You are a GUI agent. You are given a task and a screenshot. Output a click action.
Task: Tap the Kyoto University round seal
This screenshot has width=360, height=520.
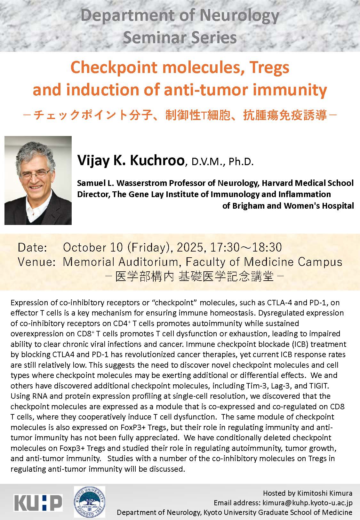coord(89,502)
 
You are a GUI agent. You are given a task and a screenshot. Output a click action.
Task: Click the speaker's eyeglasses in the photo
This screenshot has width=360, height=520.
coord(35,174)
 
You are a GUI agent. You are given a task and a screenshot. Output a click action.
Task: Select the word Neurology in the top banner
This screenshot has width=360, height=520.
coord(239,16)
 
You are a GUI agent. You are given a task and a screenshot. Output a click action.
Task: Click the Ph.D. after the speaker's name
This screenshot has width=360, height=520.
coord(241,162)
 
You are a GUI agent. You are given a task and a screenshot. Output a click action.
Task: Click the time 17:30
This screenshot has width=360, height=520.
coord(224,247)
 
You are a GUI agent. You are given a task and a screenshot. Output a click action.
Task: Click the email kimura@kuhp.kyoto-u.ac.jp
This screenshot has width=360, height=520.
coord(307,503)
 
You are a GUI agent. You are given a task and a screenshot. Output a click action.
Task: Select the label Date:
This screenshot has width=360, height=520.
coord(32,247)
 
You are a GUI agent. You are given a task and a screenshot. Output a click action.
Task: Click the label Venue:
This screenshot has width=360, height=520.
coord(36,262)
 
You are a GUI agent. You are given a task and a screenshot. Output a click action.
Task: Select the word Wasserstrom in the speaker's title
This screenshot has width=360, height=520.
coord(140,183)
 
